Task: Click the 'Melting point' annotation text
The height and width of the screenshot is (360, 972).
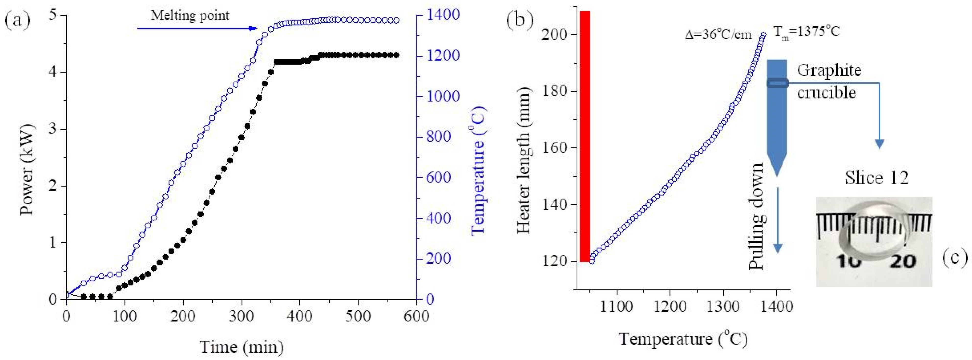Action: click(x=190, y=15)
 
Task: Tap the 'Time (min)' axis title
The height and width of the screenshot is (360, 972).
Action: click(x=242, y=347)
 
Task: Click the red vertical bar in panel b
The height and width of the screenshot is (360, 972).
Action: click(x=585, y=136)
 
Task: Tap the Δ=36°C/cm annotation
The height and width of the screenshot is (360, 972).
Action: click(x=718, y=35)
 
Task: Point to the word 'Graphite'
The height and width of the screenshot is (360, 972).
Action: click(x=829, y=71)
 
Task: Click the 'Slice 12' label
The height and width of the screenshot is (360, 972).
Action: click(x=876, y=177)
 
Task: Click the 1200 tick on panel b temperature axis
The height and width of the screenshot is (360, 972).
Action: click(x=670, y=306)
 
